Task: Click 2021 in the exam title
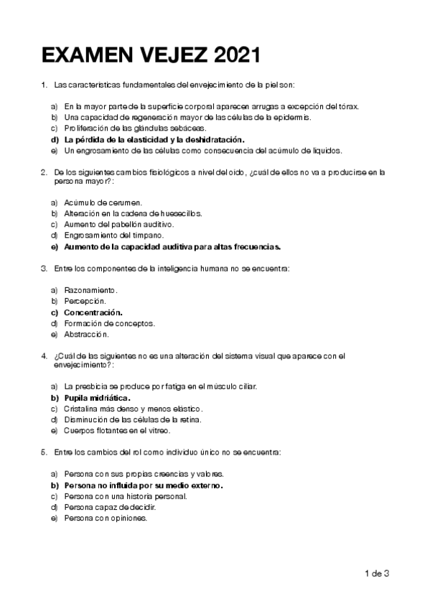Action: coord(236,55)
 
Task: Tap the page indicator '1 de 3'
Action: coord(377,573)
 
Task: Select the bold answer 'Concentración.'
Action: coord(93,312)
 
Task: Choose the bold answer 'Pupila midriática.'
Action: coord(98,397)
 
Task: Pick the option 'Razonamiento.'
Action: coord(90,290)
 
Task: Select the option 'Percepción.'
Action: coord(85,301)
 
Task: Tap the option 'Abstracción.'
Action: coord(86,334)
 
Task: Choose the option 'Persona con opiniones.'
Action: coord(106,518)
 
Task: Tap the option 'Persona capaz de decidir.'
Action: coord(110,507)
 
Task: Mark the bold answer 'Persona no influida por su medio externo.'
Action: coord(143,485)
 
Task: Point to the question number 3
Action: coord(45,268)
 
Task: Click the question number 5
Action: coord(45,452)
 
